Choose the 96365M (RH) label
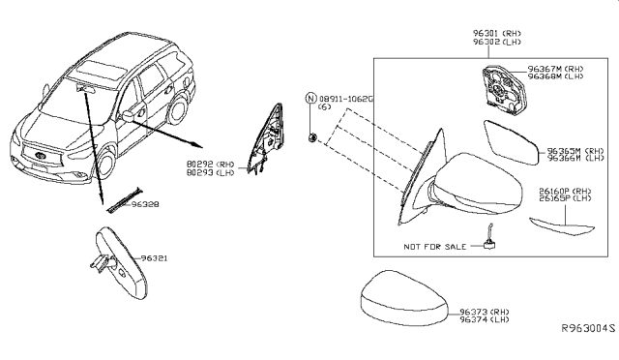(x=575, y=151)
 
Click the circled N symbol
(x=310, y=99)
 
